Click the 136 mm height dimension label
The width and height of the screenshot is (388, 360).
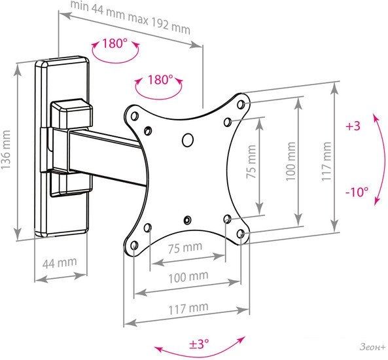coord(5,150)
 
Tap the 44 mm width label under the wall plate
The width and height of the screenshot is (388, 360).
coord(60,262)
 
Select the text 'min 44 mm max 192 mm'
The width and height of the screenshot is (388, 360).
coord(131,17)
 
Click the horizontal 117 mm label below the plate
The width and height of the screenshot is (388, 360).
coord(188,308)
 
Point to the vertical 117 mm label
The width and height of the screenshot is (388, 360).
coord(326,161)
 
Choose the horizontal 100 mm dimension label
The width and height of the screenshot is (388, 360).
coord(188,277)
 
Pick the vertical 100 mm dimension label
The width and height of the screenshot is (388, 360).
coord(291,161)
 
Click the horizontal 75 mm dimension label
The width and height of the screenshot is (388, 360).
coord(185,247)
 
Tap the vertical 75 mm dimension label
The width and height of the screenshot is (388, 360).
coord(251,162)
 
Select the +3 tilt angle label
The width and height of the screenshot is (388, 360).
coord(353,126)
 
